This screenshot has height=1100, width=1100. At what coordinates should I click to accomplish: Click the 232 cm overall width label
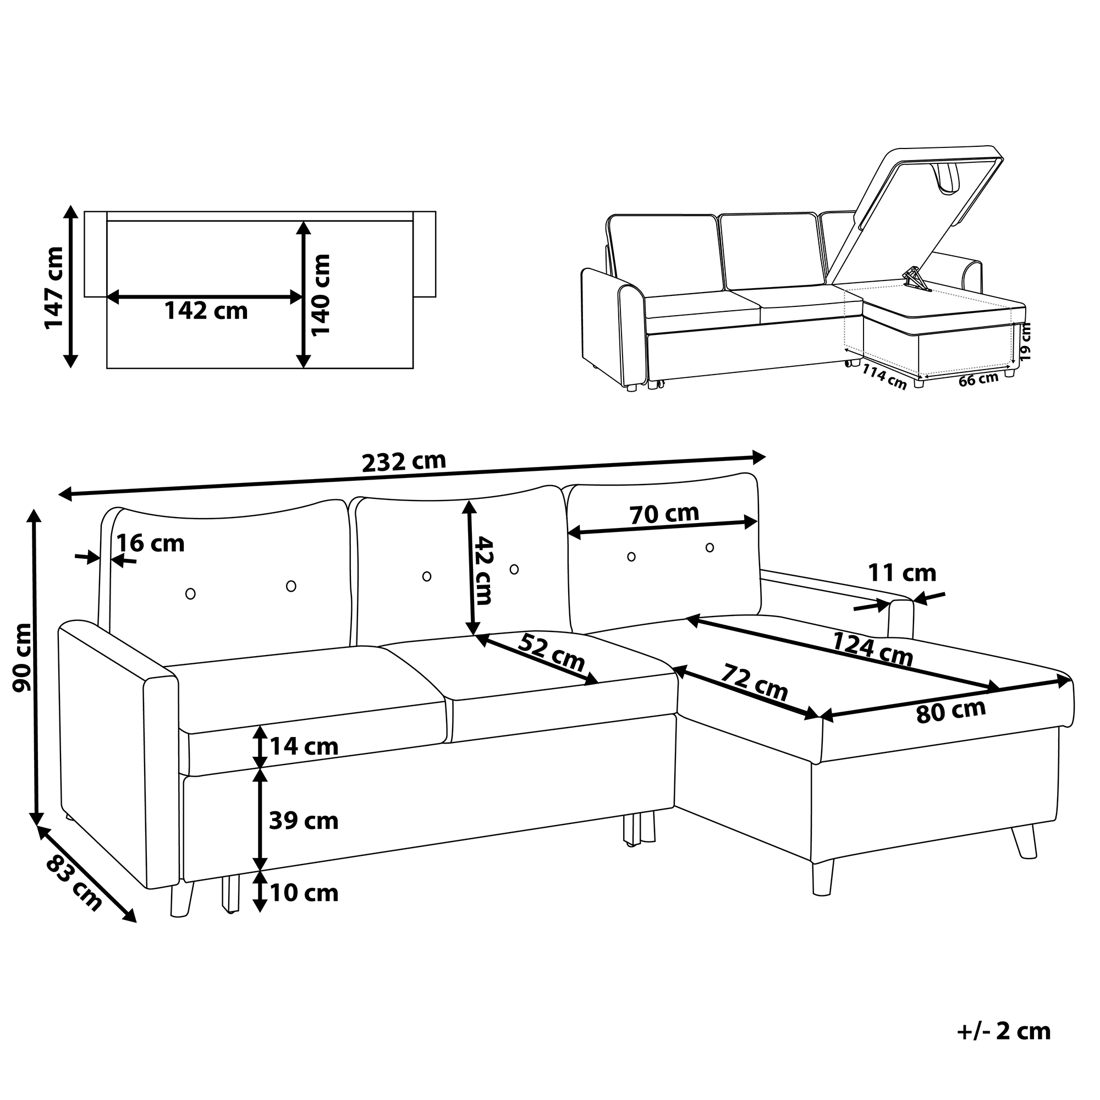coord(404,462)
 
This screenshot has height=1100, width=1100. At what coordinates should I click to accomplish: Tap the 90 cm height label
coord(23,657)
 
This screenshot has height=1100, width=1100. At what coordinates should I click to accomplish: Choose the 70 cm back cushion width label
coord(664,514)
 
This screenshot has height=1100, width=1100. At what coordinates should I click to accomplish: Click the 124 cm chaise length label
coord(873,650)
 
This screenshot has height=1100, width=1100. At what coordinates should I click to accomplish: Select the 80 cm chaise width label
coord(951,711)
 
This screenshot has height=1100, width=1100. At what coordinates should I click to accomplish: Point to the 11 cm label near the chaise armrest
coord(903,573)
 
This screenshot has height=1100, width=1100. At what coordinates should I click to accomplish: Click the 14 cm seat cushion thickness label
coord(304,746)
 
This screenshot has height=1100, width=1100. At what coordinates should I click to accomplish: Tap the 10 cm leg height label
coord(304,893)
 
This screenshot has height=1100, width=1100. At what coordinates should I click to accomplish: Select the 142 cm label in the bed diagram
coord(206,311)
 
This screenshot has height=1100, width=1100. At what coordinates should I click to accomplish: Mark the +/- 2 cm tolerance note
coord(1004,1047)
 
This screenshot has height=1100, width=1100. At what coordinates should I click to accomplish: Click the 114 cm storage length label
coord(884,376)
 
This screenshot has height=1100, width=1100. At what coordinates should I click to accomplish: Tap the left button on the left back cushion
coord(191,594)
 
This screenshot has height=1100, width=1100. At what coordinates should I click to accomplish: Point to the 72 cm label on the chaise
coord(755,683)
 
